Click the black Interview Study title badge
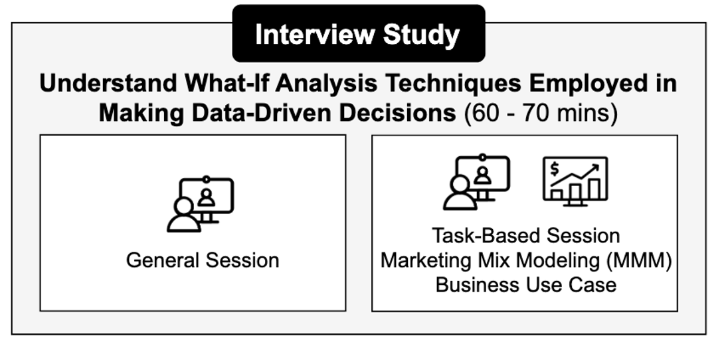pyautogui.click(x=358, y=33)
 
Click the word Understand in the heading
pyautogui.click(x=108, y=84)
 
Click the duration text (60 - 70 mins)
pyautogui.click(x=541, y=114)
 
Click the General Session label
pyautogui.click(x=203, y=260)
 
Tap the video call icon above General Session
pyautogui.click(x=201, y=204)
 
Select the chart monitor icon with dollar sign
pyautogui.click(x=575, y=181)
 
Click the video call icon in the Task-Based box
pyautogui.click(x=476, y=182)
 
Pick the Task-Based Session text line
pyautogui.click(x=526, y=236)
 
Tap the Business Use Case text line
pyautogui.click(x=526, y=285)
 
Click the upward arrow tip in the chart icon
pyautogui.click(x=598, y=165)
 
